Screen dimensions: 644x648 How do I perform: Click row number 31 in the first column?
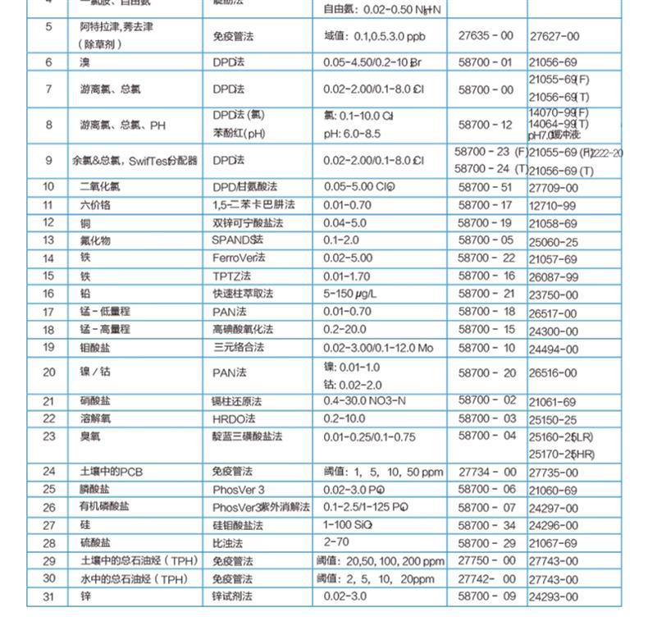48,596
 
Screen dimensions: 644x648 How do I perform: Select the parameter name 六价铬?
96,205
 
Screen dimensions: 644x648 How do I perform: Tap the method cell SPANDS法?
238,240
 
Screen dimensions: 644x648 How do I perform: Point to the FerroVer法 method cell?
239,258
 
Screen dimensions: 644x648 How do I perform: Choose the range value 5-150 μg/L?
354,294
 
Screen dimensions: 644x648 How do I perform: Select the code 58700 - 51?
486,187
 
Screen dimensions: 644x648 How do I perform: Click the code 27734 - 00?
486,472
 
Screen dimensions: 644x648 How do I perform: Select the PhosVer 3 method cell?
239,490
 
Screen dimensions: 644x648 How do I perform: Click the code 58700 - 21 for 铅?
486,294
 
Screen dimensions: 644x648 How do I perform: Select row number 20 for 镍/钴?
48,372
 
